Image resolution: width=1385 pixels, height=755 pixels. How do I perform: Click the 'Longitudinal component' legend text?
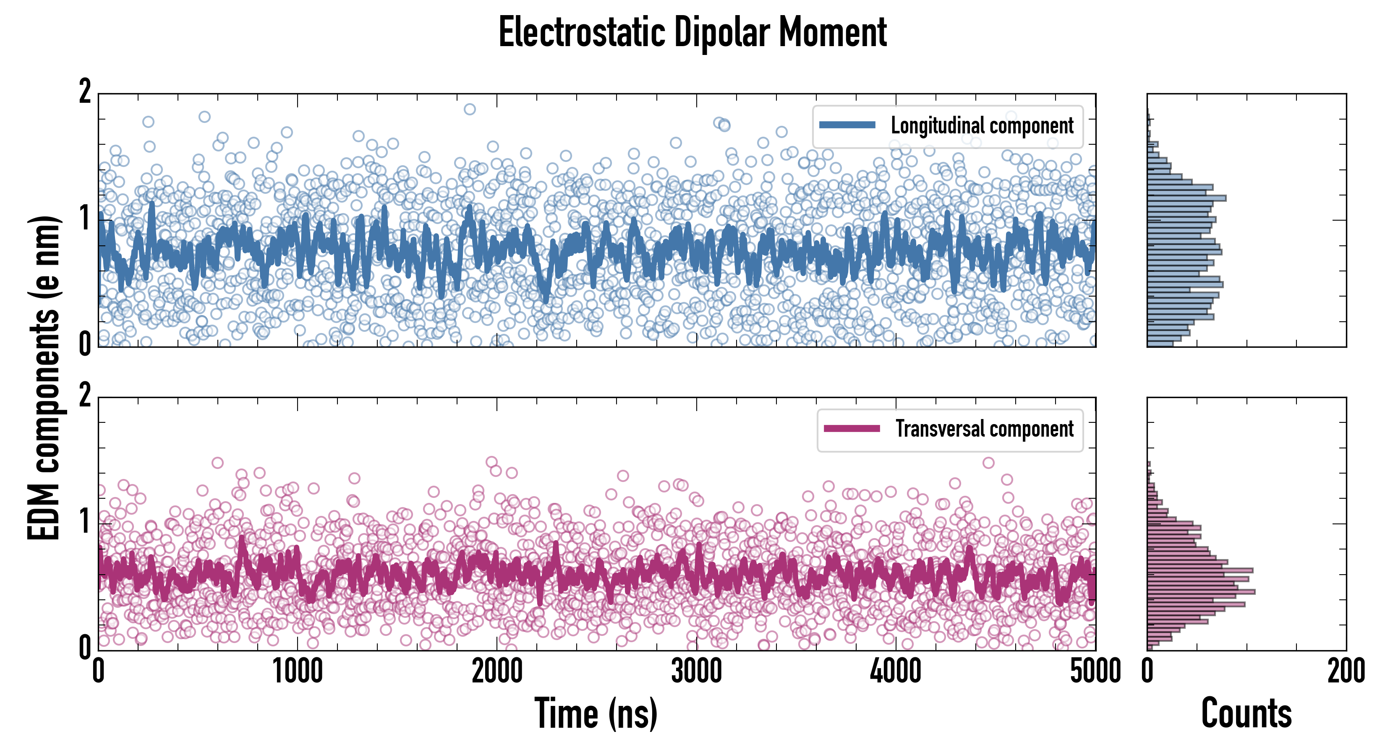[982, 126]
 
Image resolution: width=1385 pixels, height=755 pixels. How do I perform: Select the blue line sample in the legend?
[847, 125]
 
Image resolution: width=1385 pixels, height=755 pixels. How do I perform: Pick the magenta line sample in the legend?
[852, 428]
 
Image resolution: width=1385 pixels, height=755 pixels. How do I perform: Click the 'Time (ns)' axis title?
[596, 713]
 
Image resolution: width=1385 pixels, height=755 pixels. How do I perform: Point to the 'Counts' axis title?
[1246, 713]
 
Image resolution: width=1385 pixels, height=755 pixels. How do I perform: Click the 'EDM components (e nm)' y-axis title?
[44, 378]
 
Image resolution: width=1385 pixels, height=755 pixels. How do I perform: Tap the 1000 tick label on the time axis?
[297, 672]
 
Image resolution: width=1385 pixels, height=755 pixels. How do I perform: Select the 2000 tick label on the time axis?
[497, 672]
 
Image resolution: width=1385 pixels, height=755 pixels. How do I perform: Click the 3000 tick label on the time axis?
[696, 672]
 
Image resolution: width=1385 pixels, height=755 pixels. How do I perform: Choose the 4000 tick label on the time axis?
[896, 672]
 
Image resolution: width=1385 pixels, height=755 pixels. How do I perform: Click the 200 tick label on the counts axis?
[1346, 672]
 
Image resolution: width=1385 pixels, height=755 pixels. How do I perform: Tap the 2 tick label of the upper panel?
[85, 91]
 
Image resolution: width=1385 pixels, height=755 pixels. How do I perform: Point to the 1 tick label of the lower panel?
[85, 521]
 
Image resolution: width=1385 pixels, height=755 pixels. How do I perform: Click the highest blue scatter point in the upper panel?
[469, 109]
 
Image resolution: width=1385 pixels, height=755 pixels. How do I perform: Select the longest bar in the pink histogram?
[1201, 592]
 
